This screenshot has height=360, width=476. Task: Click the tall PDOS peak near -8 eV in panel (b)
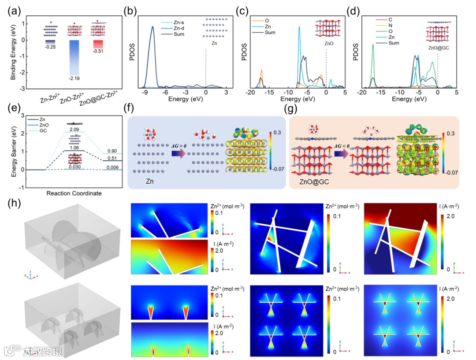point(152,27)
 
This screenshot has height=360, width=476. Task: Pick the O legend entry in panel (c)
point(268,20)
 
